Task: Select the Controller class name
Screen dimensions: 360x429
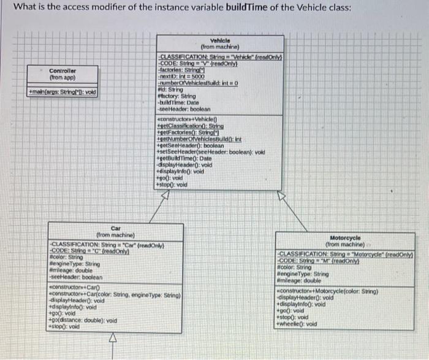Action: (x=62, y=71)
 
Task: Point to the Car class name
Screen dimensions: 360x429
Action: (x=116, y=228)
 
